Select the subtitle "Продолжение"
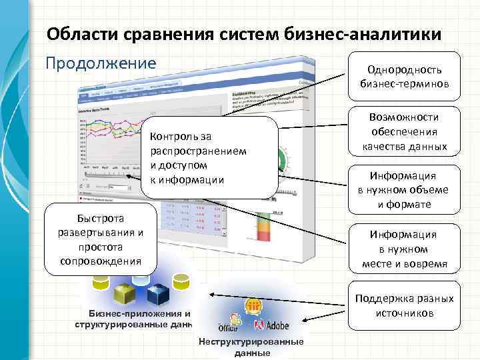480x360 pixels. [100, 63]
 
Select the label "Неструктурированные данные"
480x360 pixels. [251, 347]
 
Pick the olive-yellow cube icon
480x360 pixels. [126, 293]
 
